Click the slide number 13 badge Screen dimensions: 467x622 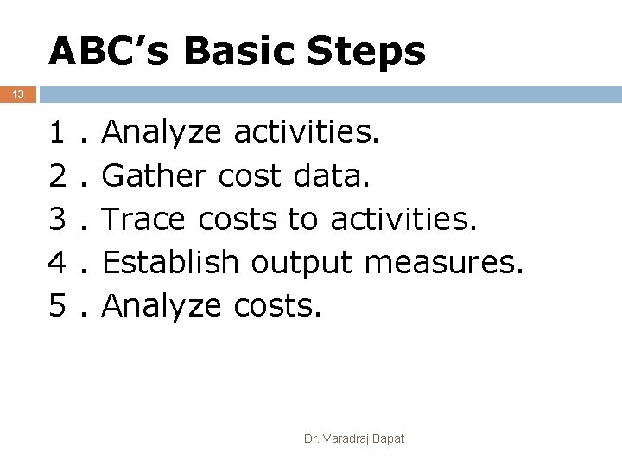pos(17,94)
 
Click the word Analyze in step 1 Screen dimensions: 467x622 pos(165,135)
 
